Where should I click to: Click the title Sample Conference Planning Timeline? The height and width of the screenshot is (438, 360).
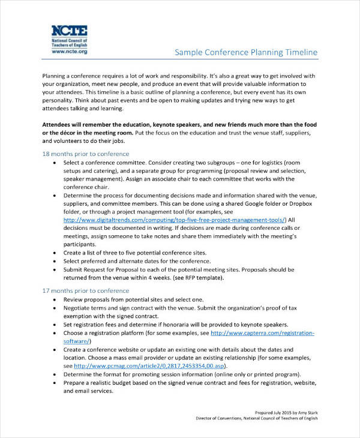[x=245, y=53]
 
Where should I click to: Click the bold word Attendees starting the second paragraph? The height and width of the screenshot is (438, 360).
[x=62, y=123]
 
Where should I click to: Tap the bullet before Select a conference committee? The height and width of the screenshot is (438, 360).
[x=55, y=163]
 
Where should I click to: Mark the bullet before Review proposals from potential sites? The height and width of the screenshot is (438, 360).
[x=55, y=299]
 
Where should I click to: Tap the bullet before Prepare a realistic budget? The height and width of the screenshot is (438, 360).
[x=55, y=382]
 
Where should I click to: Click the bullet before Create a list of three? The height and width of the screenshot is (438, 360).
[x=55, y=253]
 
